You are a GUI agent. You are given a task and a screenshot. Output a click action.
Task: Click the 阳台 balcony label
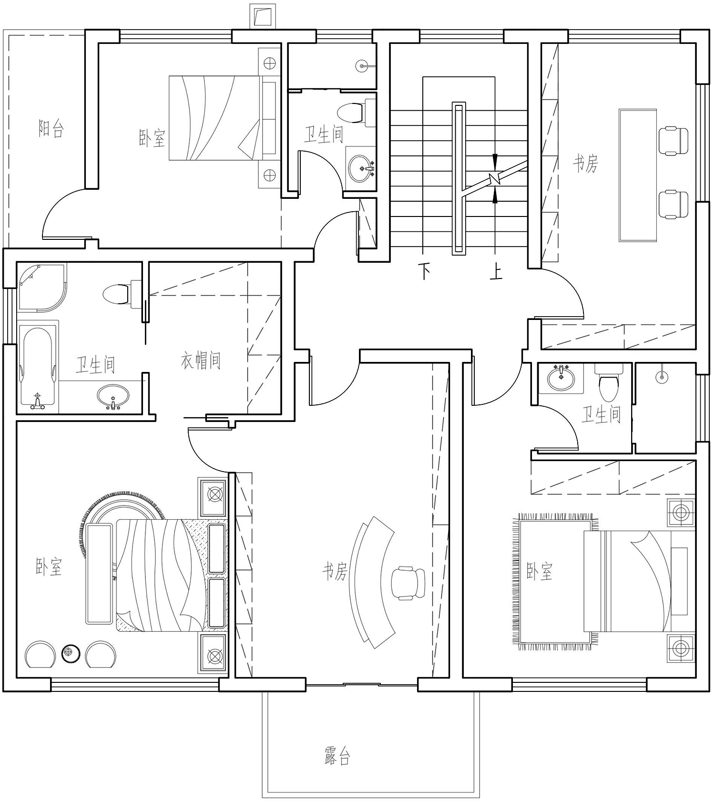click(x=51, y=129)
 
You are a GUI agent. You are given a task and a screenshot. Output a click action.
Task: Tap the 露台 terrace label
click(x=337, y=756)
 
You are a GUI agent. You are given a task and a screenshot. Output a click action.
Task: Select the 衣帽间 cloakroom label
click(x=201, y=360)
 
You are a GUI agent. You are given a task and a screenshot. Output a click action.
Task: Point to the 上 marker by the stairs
click(x=496, y=271)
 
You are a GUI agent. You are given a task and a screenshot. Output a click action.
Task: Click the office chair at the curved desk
click(x=408, y=582)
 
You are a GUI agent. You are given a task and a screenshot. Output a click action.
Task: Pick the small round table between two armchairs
click(x=71, y=653)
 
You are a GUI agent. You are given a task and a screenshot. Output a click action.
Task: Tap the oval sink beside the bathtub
click(x=113, y=396)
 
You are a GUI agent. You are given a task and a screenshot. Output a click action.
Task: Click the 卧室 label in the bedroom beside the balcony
click(x=152, y=138)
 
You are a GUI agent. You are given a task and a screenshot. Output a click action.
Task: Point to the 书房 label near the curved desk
click(x=335, y=570)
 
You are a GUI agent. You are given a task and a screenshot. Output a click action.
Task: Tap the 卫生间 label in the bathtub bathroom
click(x=95, y=365)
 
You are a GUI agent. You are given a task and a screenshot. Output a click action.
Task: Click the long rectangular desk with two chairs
click(x=638, y=175)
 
